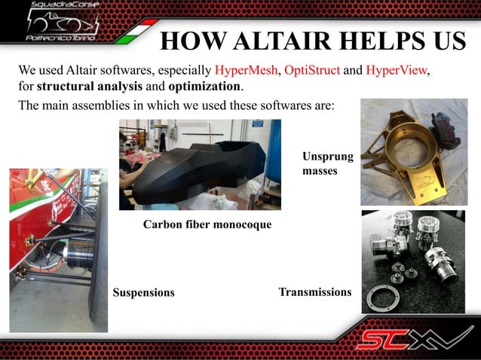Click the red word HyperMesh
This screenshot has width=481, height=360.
coord(247,71)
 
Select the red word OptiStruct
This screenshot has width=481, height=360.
coord(312,71)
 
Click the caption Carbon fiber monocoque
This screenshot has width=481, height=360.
coord(207,224)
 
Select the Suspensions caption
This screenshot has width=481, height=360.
coord(143,292)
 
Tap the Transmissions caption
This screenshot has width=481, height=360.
coord(314,291)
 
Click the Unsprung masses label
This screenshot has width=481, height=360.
coord(320,163)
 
